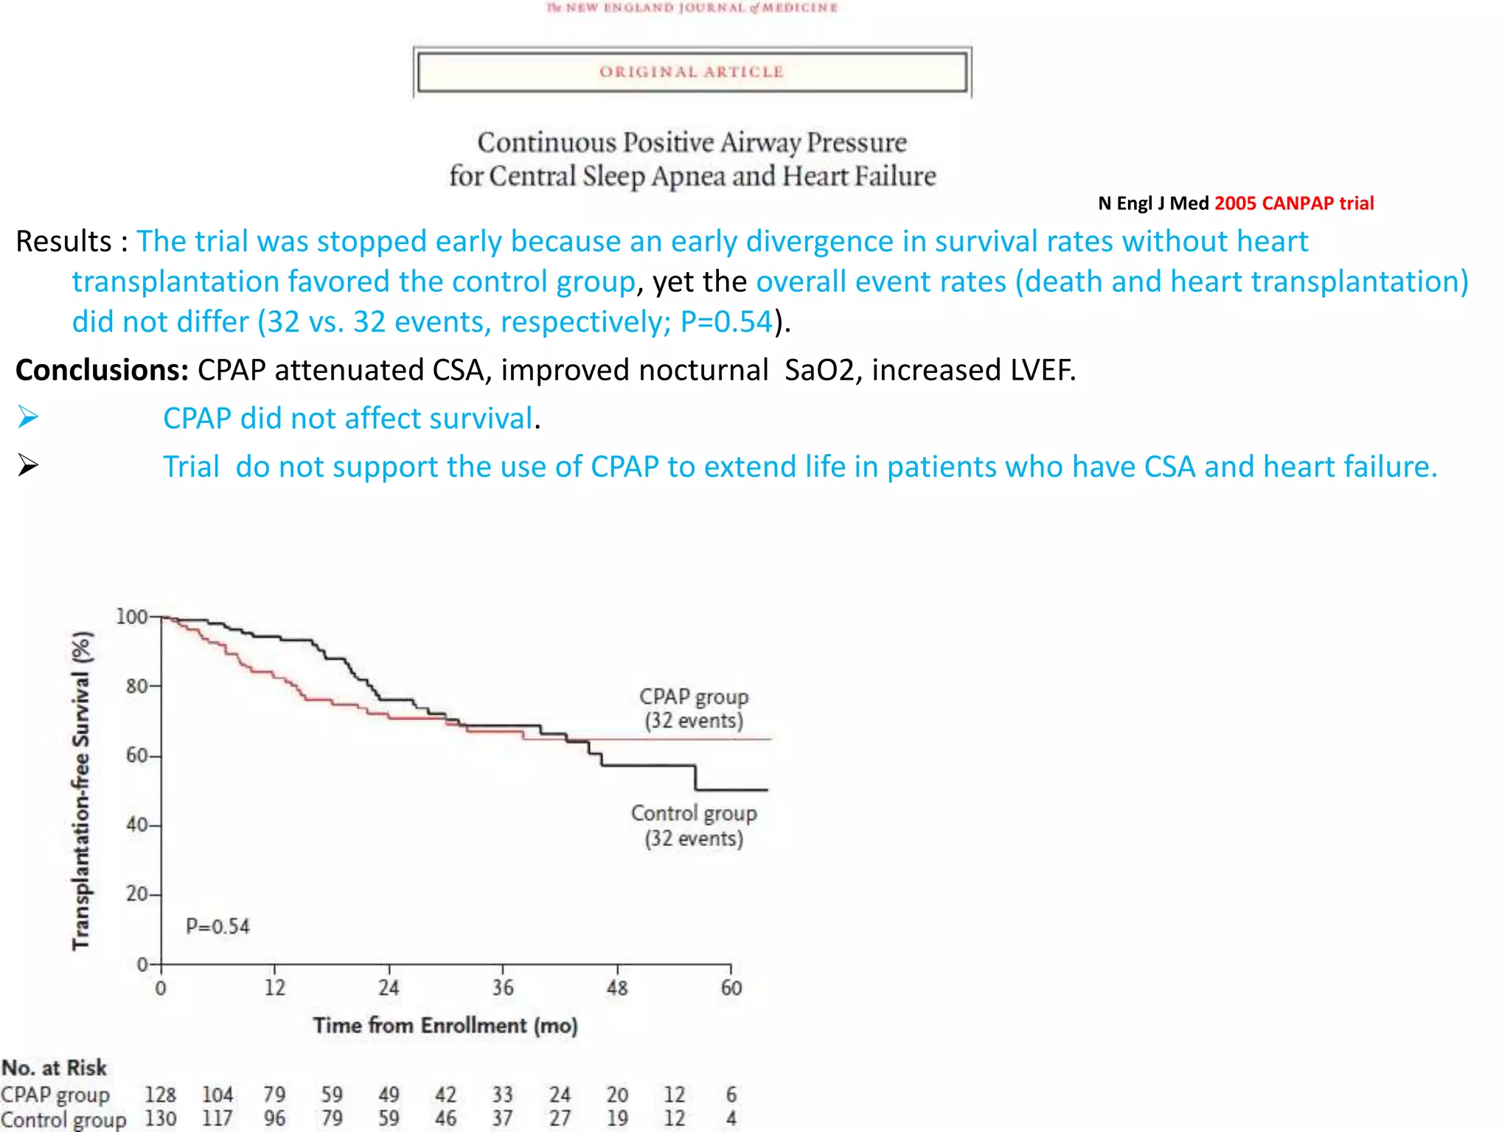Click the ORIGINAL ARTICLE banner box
pyautogui.click(x=692, y=71)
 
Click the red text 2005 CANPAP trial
pyautogui.click(x=1294, y=203)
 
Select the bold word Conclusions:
pyautogui.click(x=102, y=370)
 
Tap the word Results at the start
pyautogui.click(x=63, y=241)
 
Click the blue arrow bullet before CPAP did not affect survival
pyautogui.click(x=28, y=417)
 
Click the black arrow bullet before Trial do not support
pyautogui.click(x=28, y=465)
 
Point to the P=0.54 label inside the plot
pyautogui.click(x=218, y=926)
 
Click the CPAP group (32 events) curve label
pyautogui.click(x=693, y=708)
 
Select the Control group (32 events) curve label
pyautogui.click(x=693, y=825)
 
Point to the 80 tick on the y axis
pyautogui.click(x=137, y=686)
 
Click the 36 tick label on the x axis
pyautogui.click(x=503, y=988)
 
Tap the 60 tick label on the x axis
pyautogui.click(x=731, y=988)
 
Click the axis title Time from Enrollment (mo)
pyautogui.click(x=445, y=1025)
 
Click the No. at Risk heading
pyautogui.click(x=54, y=1067)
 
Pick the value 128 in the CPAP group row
pyautogui.click(x=160, y=1094)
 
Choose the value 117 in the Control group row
pyautogui.click(x=218, y=1119)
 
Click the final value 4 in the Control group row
pyautogui.click(x=731, y=1119)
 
